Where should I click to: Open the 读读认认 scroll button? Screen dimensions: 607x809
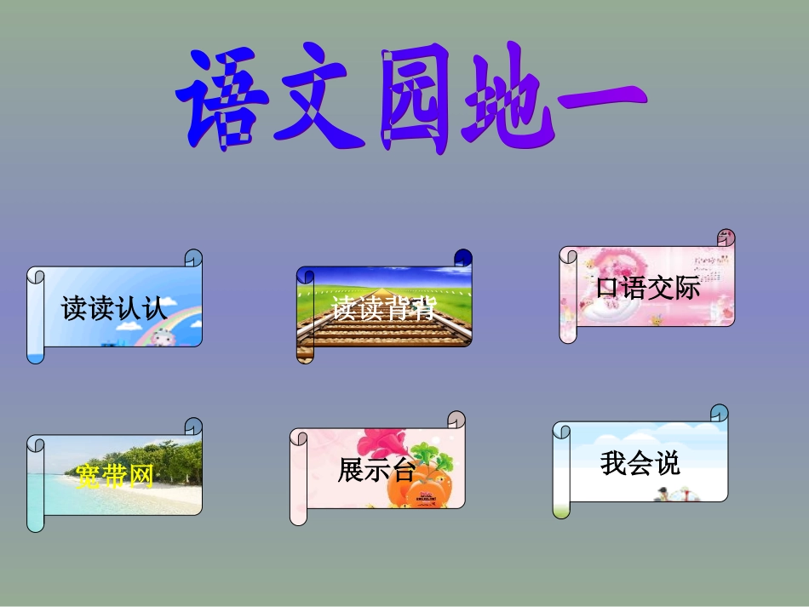pyautogui.click(x=115, y=307)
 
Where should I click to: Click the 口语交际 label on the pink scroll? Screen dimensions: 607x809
pyautogui.click(x=648, y=288)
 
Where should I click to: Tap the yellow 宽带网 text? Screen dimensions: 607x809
pyautogui.click(x=114, y=478)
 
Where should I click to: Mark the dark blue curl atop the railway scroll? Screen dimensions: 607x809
pyautogui.click(x=462, y=258)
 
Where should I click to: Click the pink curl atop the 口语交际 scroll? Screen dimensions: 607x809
pyautogui.click(x=726, y=238)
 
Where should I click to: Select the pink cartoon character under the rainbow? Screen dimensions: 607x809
pyautogui.click(x=162, y=337)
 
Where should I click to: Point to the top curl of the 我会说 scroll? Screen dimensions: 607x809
pyautogui.click(x=720, y=414)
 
